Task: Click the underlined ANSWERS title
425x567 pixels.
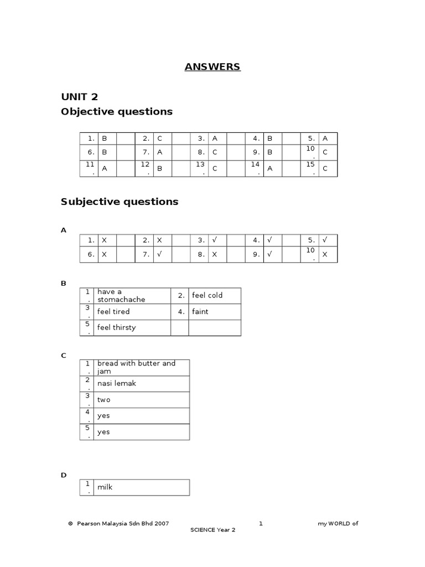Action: click(x=212, y=67)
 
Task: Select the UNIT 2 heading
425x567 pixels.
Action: click(x=79, y=97)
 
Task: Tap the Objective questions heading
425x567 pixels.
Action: click(x=116, y=111)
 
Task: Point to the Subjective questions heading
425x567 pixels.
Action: click(x=119, y=202)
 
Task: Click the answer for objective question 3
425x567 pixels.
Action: click(x=215, y=138)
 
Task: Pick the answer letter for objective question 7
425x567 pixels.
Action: click(x=159, y=152)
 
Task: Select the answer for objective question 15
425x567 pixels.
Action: click(x=325, y=168)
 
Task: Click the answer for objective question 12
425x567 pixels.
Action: click(x=159, y=168)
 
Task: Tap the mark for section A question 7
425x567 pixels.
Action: click(x=160, y=254)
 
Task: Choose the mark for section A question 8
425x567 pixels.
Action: click(x=215, y=254)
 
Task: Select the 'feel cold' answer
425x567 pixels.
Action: click(x=207, y=295)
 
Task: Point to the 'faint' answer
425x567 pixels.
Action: click(x=200, y=312)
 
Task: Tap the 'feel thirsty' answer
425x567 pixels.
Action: click(x=116, y=327)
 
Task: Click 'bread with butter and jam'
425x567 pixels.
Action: click(x=136, y=367)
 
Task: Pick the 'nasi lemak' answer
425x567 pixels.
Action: click(x=116, y=383)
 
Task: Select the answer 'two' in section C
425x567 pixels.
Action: click(x=103, y=399)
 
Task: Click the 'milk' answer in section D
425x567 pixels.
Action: click(x=105, y=487)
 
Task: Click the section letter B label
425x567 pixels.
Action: click(x=63, y=283)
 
